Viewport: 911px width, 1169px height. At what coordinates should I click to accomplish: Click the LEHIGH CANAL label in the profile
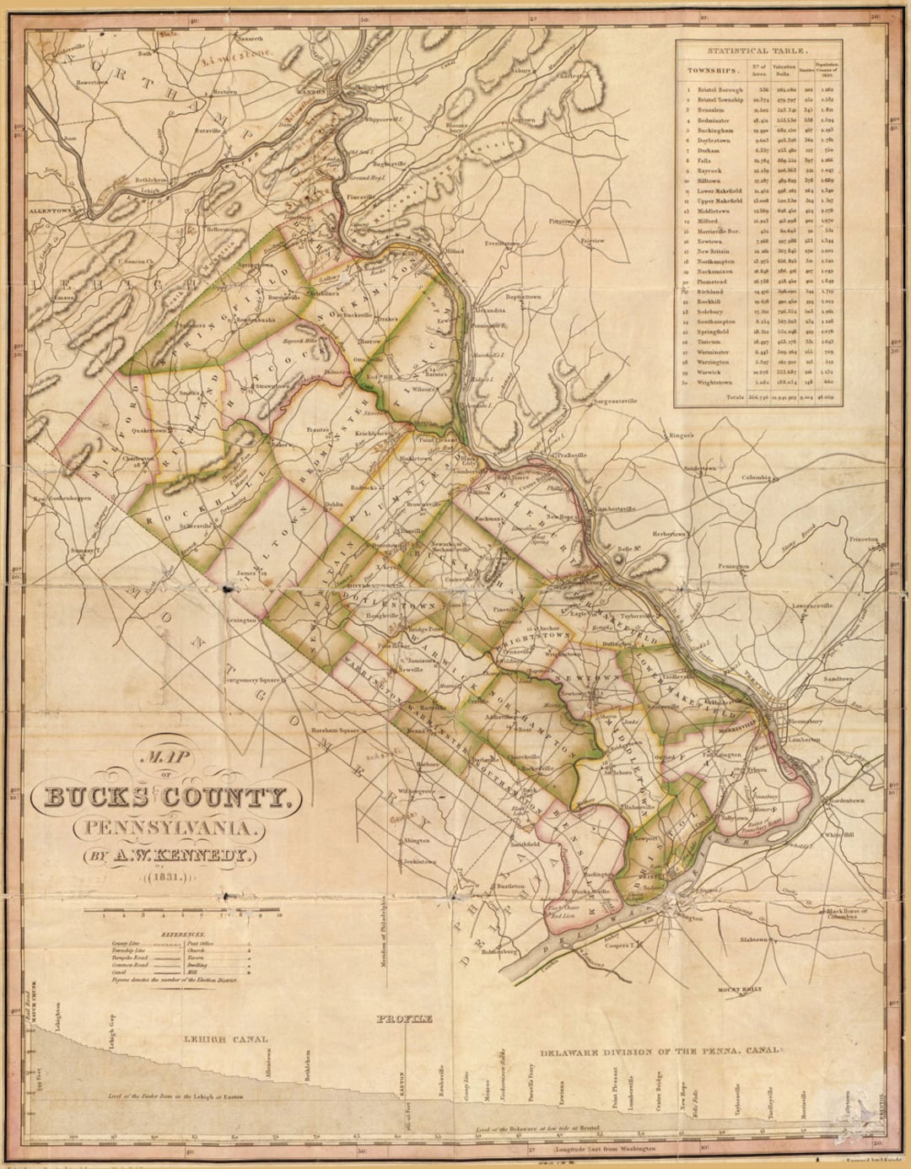point(225,1039)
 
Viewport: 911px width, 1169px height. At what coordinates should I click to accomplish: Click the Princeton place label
point(863,538)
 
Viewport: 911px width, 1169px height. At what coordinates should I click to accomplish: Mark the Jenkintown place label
point(420,862)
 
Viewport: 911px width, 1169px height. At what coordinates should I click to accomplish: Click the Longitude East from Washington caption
point(604,1149)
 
